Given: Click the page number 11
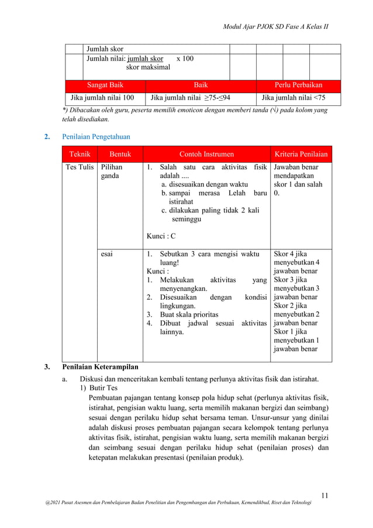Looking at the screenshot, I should click(x=325, y=496).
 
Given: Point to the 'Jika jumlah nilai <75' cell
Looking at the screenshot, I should click(x=293, y=97).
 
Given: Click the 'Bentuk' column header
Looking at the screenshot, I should click(x=120, y=155).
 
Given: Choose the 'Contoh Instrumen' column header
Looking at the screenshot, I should click(x=206, y=155).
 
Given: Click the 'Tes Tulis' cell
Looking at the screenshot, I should click(x=79, y=167).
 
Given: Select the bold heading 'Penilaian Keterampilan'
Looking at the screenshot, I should click(x=100, y=367).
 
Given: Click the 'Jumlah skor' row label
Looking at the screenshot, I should click(x=105, y=49).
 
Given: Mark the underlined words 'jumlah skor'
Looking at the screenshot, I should click(x=146, y=59).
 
